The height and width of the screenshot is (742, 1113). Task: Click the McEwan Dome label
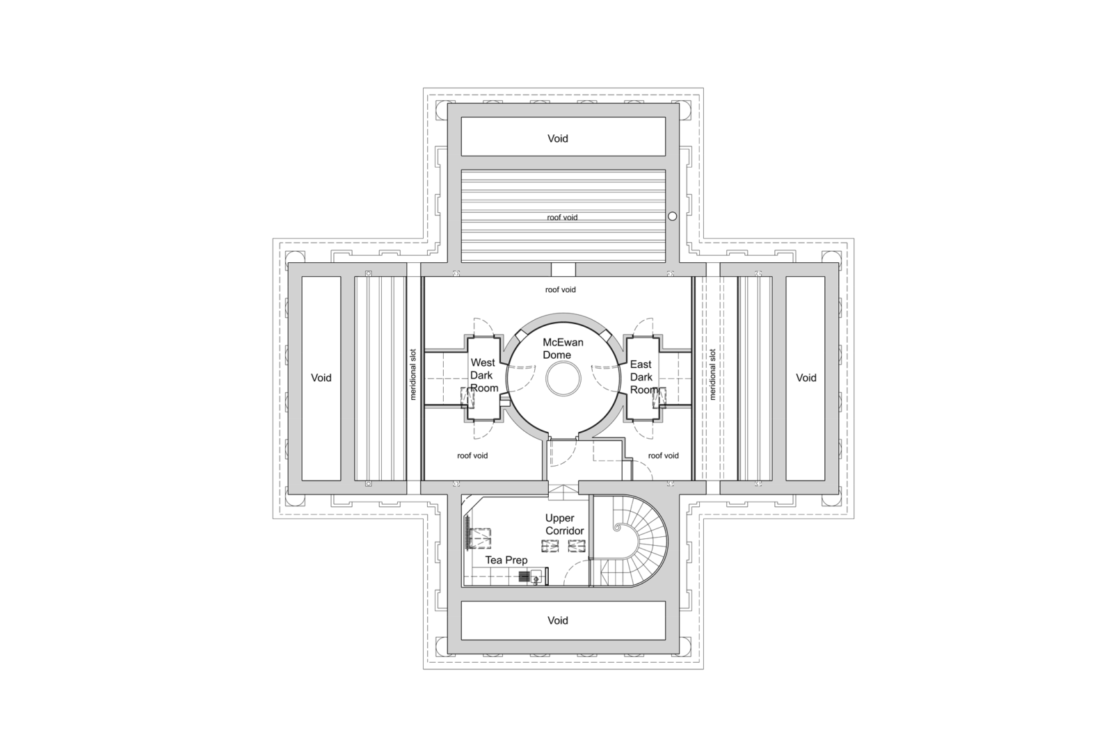[563, 348]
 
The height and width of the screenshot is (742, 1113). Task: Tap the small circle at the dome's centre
[563, 380]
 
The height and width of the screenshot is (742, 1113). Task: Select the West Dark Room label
[483, 375]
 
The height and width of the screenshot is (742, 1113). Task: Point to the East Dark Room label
[642, 377]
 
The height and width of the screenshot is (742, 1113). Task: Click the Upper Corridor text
[564, 524]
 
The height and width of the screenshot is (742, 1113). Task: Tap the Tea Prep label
[506, 560]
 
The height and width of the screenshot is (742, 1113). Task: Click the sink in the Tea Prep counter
[536, 576]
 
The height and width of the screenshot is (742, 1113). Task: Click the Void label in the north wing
[557, 138]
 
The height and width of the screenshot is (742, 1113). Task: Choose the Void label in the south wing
[557, 620]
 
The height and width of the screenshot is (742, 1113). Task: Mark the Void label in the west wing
[321, 378]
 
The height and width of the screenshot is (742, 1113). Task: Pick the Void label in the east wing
[806, 378]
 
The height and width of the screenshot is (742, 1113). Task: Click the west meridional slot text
[413, 374]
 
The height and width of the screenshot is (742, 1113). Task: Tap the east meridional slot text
[712, 374]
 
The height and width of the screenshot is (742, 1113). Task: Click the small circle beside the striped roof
[672, 216]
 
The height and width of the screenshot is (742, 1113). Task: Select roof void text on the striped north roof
[561, 218]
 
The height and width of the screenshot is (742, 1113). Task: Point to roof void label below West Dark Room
[472, 455]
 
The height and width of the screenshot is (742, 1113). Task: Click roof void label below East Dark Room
[663, 455]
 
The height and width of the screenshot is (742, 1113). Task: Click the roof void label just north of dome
[560, 289]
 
